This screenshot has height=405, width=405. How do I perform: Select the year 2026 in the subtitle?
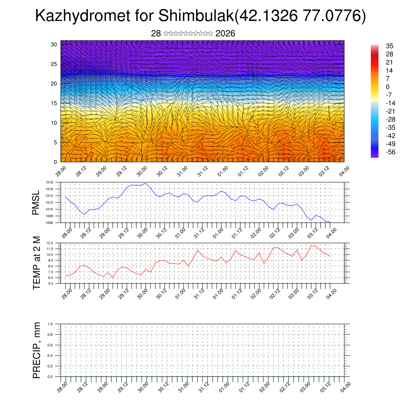point(225,34)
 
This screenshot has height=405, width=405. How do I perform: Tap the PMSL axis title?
point(36,202)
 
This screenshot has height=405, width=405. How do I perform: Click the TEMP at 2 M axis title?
point(36,263)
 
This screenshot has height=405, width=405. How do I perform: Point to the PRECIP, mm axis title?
point(36,350)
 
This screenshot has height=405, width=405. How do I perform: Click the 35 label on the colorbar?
point(389,46)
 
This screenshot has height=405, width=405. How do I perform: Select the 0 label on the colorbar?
point(388,87)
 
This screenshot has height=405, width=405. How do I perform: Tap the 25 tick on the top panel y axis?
point(54,64)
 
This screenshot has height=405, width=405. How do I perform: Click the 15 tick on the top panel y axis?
point(54,103)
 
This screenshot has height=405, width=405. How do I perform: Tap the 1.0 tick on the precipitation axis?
point(50,324)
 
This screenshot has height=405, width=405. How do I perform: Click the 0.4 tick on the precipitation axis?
point(50,356)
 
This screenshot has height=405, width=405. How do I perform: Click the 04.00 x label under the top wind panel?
point(344,171)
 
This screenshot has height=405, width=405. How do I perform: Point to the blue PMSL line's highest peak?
point(146,183)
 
